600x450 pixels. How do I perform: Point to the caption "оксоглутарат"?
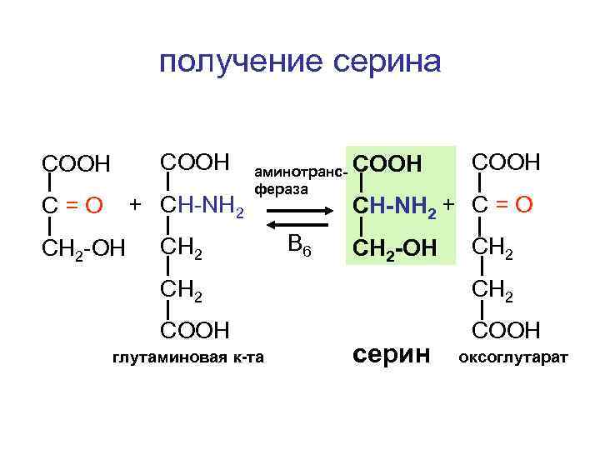tap(511, 359)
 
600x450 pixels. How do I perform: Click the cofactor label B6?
tap(298, 246)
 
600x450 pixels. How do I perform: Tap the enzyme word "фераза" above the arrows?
tap(282, 189)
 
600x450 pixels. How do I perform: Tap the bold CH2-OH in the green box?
tap(395, 247)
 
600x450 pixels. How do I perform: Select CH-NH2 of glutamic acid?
tap(201, 205)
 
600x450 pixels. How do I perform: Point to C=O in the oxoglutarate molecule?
tap(502, 204)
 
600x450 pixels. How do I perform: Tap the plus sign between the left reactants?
tap(135, 203)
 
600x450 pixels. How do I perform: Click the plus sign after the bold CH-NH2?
tap(449, 204)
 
